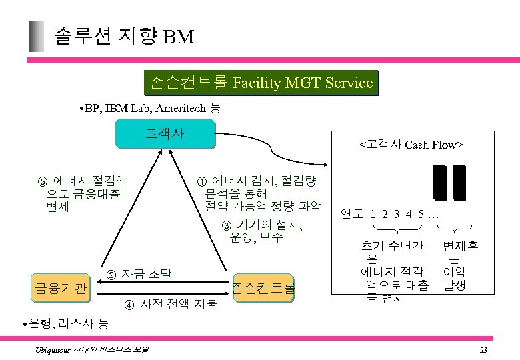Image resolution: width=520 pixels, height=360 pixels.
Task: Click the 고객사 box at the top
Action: pos(165,133)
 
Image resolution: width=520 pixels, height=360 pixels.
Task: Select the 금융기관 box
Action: pos(61,289)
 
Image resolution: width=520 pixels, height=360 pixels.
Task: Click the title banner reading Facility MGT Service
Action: pos(261,83)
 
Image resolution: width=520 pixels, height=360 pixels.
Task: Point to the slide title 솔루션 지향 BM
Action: pos(123,36)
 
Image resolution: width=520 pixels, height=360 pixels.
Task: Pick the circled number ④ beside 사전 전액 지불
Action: pos(129,305)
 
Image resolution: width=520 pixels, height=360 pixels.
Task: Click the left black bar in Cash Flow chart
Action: pos(439,182)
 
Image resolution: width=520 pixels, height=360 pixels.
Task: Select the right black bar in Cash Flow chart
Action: pos(459,182)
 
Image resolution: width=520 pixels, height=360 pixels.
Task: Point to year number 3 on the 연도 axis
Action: pos(397,215)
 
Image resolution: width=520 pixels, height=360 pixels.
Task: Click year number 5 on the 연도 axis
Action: pos(421,215)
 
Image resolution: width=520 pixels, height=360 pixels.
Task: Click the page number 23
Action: pos(483,350)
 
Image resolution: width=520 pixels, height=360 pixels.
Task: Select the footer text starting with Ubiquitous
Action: pos(93,349)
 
